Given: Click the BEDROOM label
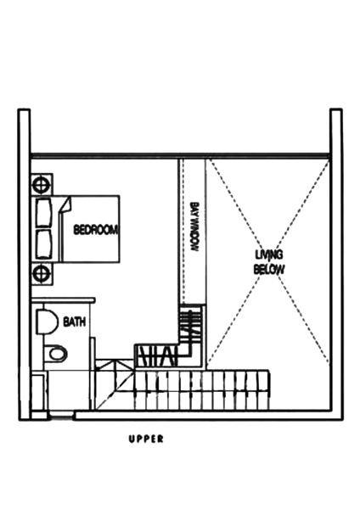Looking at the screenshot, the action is (95, 230).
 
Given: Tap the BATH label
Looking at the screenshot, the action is (75, 322).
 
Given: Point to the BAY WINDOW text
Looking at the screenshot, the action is (194, 227).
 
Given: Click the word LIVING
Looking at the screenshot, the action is (268, 255).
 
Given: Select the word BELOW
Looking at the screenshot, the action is (269, 270).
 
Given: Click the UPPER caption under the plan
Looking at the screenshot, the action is (146, 439).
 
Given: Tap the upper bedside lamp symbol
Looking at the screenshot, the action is (42, 185).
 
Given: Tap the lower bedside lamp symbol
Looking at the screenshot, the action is (42, 273).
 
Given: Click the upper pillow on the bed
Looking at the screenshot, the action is (43, 213).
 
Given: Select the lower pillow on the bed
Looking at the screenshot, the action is (43, 244).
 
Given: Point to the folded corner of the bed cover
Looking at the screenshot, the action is (66, 204).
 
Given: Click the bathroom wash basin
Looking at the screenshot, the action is (47, 322).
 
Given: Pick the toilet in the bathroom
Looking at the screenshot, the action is (55, 354).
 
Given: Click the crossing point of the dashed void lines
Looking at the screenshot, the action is (268, 260).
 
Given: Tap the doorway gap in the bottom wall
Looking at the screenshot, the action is (61, 416).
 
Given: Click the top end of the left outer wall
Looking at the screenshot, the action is (24, 110).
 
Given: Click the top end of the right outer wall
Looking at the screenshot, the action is (336, 110).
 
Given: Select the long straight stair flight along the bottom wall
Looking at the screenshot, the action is (202, 390).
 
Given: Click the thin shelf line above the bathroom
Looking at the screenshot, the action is (64, 300).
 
